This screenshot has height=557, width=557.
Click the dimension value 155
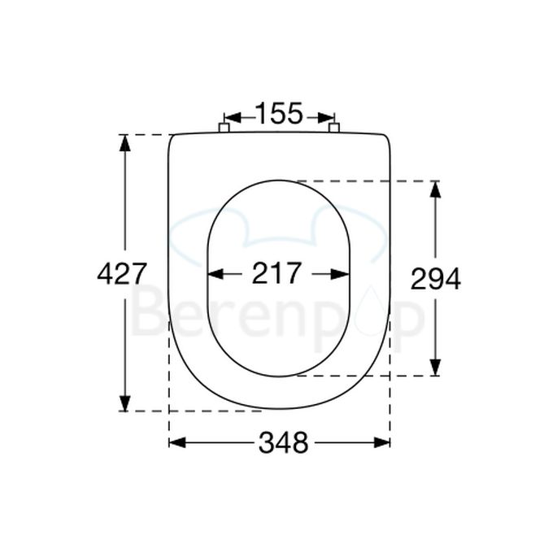tap(279, 113)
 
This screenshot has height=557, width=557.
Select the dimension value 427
tap(121, 274)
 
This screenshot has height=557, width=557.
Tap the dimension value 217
tap(276, 274)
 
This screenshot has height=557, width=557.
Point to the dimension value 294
tap(435, 279)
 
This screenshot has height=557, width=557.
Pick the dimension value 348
tap(283, 443)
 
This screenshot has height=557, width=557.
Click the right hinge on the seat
tap(333, 127)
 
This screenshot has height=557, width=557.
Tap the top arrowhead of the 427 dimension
tap(124, 141)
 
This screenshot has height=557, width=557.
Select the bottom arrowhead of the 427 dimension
tap(124, 403)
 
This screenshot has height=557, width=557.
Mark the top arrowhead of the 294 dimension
tap(435, 189)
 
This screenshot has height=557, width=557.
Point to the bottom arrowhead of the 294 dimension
tap(435, 368)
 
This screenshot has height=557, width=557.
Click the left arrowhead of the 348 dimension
tap(176, 442)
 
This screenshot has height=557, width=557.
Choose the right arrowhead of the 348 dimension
tap(382, 442)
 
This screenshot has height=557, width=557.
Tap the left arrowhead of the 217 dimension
tap(216, 274)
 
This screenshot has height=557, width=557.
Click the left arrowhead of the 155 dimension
tap(230, 115)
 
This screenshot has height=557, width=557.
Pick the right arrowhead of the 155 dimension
tap(328, 115)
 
